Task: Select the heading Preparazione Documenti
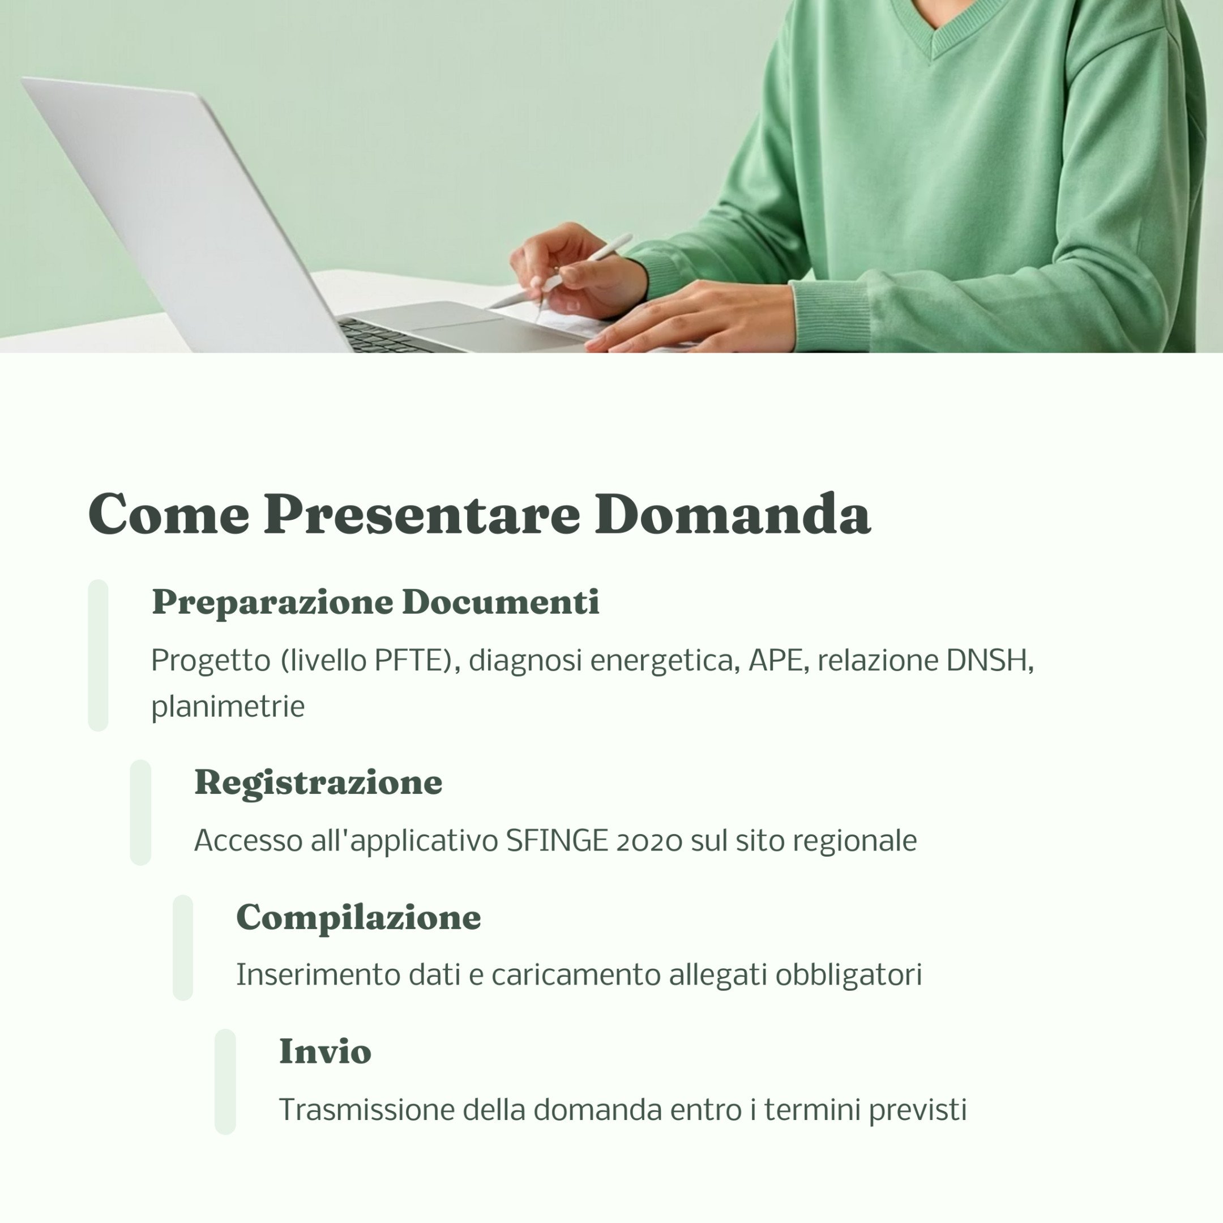(375, 602)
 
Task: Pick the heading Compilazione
(358, 917)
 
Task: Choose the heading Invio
(326, 1051)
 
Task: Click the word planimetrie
(228, 707)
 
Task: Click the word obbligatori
(848, 975)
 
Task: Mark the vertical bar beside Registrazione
(140, 812)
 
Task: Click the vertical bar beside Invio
(225, 1081)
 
